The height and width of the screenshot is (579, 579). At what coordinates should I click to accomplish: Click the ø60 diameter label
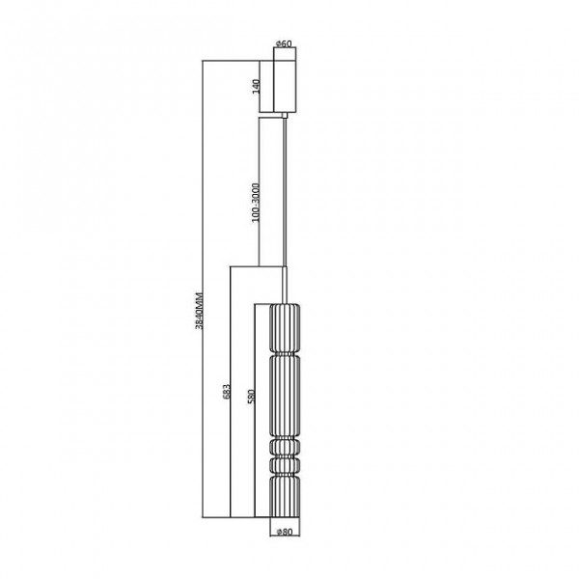pos(285,43)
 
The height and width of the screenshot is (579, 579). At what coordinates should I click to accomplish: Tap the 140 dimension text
pos(256,87)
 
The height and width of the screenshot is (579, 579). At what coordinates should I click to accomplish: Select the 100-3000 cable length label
pos(256,203)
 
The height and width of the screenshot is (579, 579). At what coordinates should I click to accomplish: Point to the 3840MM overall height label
pos(199,310)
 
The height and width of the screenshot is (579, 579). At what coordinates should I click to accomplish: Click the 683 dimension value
pos(227,392)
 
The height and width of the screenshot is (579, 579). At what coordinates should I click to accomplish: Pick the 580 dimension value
pos(251,397)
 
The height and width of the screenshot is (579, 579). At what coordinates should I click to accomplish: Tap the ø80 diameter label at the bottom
pos(285,532)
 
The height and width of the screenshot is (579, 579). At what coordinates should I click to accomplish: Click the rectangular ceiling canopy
pos(285,79)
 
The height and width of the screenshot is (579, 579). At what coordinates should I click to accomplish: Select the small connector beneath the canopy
pos(285,115)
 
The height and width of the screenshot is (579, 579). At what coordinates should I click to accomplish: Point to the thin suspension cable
pos(285,192)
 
